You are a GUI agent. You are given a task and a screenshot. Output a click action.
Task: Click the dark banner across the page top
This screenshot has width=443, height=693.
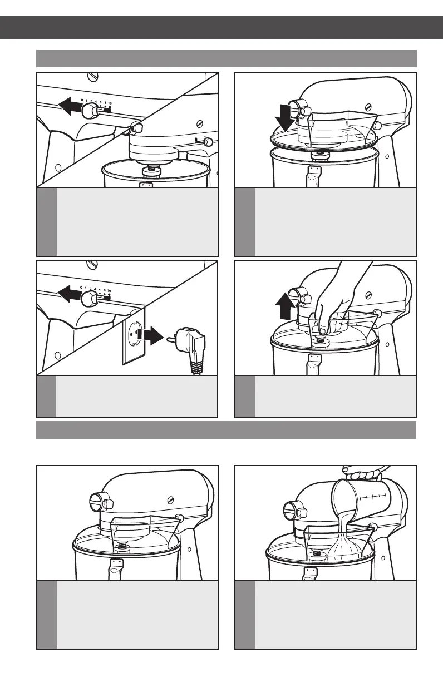[x=221, y=27]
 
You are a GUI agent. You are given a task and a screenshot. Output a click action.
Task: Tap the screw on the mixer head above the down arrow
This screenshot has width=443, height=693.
[x=367, y=107]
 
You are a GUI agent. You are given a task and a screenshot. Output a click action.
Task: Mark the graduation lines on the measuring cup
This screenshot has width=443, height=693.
[x=378, y=495]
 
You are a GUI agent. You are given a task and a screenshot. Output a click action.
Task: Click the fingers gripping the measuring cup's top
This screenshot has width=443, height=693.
[x=362, y=473]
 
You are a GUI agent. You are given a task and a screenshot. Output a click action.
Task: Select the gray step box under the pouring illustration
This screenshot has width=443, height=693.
[x=326, y=614]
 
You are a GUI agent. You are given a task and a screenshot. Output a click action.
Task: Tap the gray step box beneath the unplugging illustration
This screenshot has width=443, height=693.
[x=127, y=396]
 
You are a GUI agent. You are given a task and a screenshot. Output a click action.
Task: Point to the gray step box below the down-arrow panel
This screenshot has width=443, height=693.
[x=326, y=221]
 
